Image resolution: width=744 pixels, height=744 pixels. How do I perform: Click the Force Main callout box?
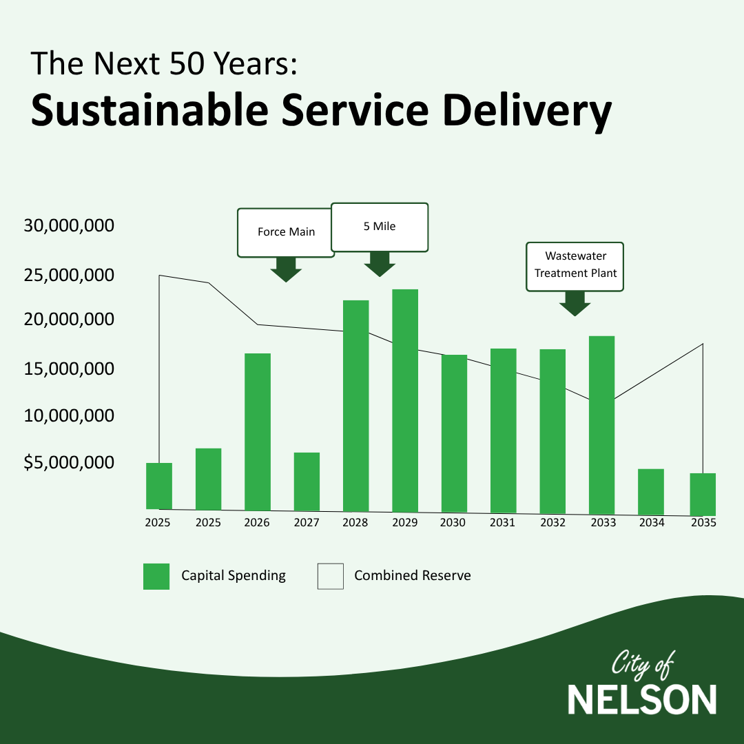[x=286, y=233]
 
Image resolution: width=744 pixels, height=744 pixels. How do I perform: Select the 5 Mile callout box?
[x=380, y=227]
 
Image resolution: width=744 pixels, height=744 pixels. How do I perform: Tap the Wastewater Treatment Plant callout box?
[x=575, y=267]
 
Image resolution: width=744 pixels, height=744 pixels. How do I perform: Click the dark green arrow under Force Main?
[x=286, y=269]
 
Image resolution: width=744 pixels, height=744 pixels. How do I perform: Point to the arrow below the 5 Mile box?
[x=380, y=264]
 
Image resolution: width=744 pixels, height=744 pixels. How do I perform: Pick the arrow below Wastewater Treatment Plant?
[x=575, y=303]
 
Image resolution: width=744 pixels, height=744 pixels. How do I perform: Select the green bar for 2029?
[x=405, y=400]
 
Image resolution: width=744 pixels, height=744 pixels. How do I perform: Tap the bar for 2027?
[x=307, y=481]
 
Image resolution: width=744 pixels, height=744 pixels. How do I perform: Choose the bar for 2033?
[x=601, y=424]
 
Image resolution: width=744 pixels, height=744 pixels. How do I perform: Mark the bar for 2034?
[x=651, y=491]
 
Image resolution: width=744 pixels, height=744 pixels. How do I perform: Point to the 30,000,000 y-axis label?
[x=68, y=226]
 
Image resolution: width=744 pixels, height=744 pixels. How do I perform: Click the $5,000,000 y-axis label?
[x=68, y=462]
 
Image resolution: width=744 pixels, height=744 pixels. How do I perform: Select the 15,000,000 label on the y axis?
[x=68, y=369]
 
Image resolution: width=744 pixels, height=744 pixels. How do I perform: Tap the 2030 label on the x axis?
[x=453, y=523]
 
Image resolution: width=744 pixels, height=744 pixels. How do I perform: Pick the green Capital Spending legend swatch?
[x=156, y=576]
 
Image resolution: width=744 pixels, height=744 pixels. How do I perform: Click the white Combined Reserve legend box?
[x=330, y=576]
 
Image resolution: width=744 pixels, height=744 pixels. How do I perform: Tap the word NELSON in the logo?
[x=642, y=700]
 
